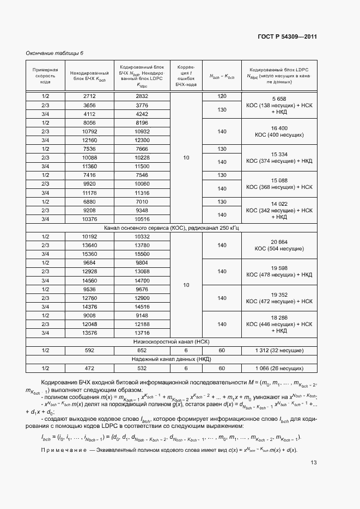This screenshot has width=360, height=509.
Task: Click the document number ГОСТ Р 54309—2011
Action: click(287, 36)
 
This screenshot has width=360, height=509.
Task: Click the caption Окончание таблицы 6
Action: click(55, 53)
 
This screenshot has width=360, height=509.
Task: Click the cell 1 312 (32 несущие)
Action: click(279, 351)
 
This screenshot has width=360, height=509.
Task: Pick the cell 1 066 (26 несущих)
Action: click(279, 368)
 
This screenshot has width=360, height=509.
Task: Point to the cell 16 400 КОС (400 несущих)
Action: click(279, 131)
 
